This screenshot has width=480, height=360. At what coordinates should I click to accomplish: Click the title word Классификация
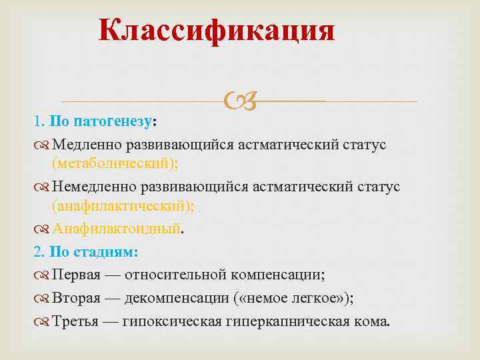click(x=217, y=30)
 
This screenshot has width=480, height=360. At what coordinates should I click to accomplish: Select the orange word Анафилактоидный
click(x=117, y=229)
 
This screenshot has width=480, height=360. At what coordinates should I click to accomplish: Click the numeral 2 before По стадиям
click(x=37, y=252)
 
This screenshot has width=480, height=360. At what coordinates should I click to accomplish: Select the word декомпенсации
click(x=173, y=299)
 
